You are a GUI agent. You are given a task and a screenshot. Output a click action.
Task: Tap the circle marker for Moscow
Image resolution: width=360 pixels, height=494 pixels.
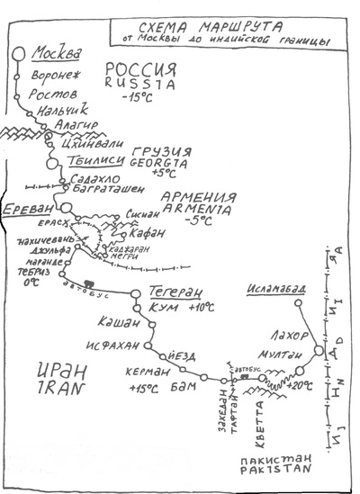tap(18, 53)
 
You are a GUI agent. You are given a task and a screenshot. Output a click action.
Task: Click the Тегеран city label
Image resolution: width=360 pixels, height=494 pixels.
tap(167, 293)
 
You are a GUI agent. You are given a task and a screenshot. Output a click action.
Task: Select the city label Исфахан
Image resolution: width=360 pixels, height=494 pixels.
tap(110, 343)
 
